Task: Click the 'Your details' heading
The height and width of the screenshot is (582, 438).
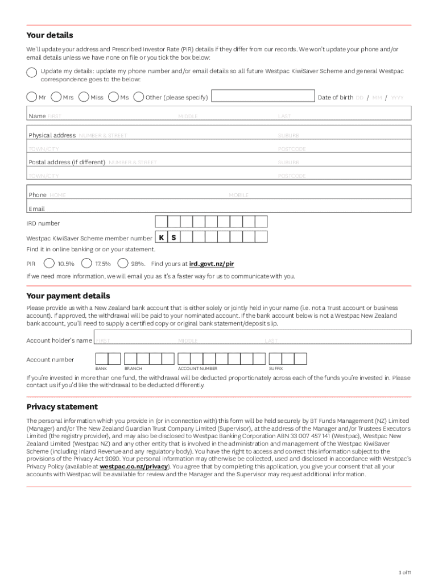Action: (50, 35)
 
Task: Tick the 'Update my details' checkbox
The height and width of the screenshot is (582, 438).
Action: (32, 72)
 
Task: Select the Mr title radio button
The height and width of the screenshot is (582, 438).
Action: (32, 97)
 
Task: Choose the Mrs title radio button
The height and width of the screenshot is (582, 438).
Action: (57, 97)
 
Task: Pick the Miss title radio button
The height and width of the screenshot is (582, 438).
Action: (84, 97)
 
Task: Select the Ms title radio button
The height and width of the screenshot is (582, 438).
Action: (113, 97)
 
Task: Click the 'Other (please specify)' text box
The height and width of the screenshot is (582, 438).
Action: (263, 97)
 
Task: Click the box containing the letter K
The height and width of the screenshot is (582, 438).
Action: (162, 238)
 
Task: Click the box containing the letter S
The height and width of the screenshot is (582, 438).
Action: (173, 238)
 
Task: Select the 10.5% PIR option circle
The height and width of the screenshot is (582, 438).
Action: (49, 263)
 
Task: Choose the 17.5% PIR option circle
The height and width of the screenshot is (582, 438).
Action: (87, 263)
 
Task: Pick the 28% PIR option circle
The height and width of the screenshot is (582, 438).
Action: (123, 263)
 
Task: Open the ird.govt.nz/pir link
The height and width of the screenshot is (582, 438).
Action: (212, 264)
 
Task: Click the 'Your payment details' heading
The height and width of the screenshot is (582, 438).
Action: (68, 296)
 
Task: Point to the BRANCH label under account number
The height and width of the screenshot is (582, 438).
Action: (133, 369)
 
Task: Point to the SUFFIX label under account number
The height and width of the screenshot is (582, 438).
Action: (276, 369)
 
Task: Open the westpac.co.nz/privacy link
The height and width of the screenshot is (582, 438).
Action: (134, 466)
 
